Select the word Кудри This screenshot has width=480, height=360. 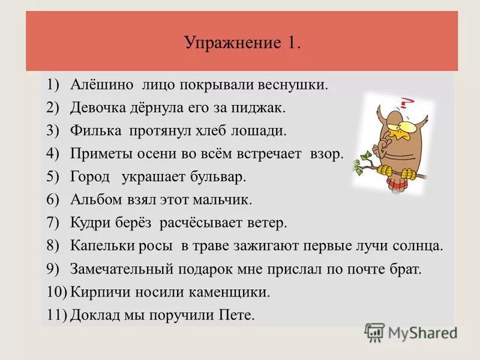[89, 223]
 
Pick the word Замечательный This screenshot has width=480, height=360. [124, 269]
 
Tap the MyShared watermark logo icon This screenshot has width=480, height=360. [374, 332]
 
